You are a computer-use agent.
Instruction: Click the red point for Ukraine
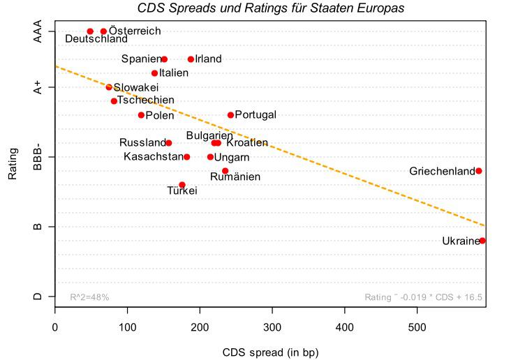[x=482, y=241]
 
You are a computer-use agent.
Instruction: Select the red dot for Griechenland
[x=479, y=171]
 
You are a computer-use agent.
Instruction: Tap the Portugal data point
[x=230, y=115]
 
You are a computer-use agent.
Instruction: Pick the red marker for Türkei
[x=182, y=185]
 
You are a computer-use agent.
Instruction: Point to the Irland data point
[x=191, y=59]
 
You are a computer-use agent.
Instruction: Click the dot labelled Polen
[x=141, y=115]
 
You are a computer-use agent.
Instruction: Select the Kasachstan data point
[x=186, y=157]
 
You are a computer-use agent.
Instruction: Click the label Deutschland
[x=96, y=39]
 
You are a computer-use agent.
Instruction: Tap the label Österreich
[x=135, y=31]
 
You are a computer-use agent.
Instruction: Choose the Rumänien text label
[x=235, y=177]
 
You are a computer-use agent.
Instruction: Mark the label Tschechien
[x=146, y=100]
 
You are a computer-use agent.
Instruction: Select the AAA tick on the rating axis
[x=38, y=31]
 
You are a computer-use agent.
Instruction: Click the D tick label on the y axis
[x=38, y=297]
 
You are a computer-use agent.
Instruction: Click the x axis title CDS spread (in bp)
[x=270, y=352]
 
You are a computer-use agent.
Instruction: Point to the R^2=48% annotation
[x=89, y=297]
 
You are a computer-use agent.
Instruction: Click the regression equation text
[x=423, y=297]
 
